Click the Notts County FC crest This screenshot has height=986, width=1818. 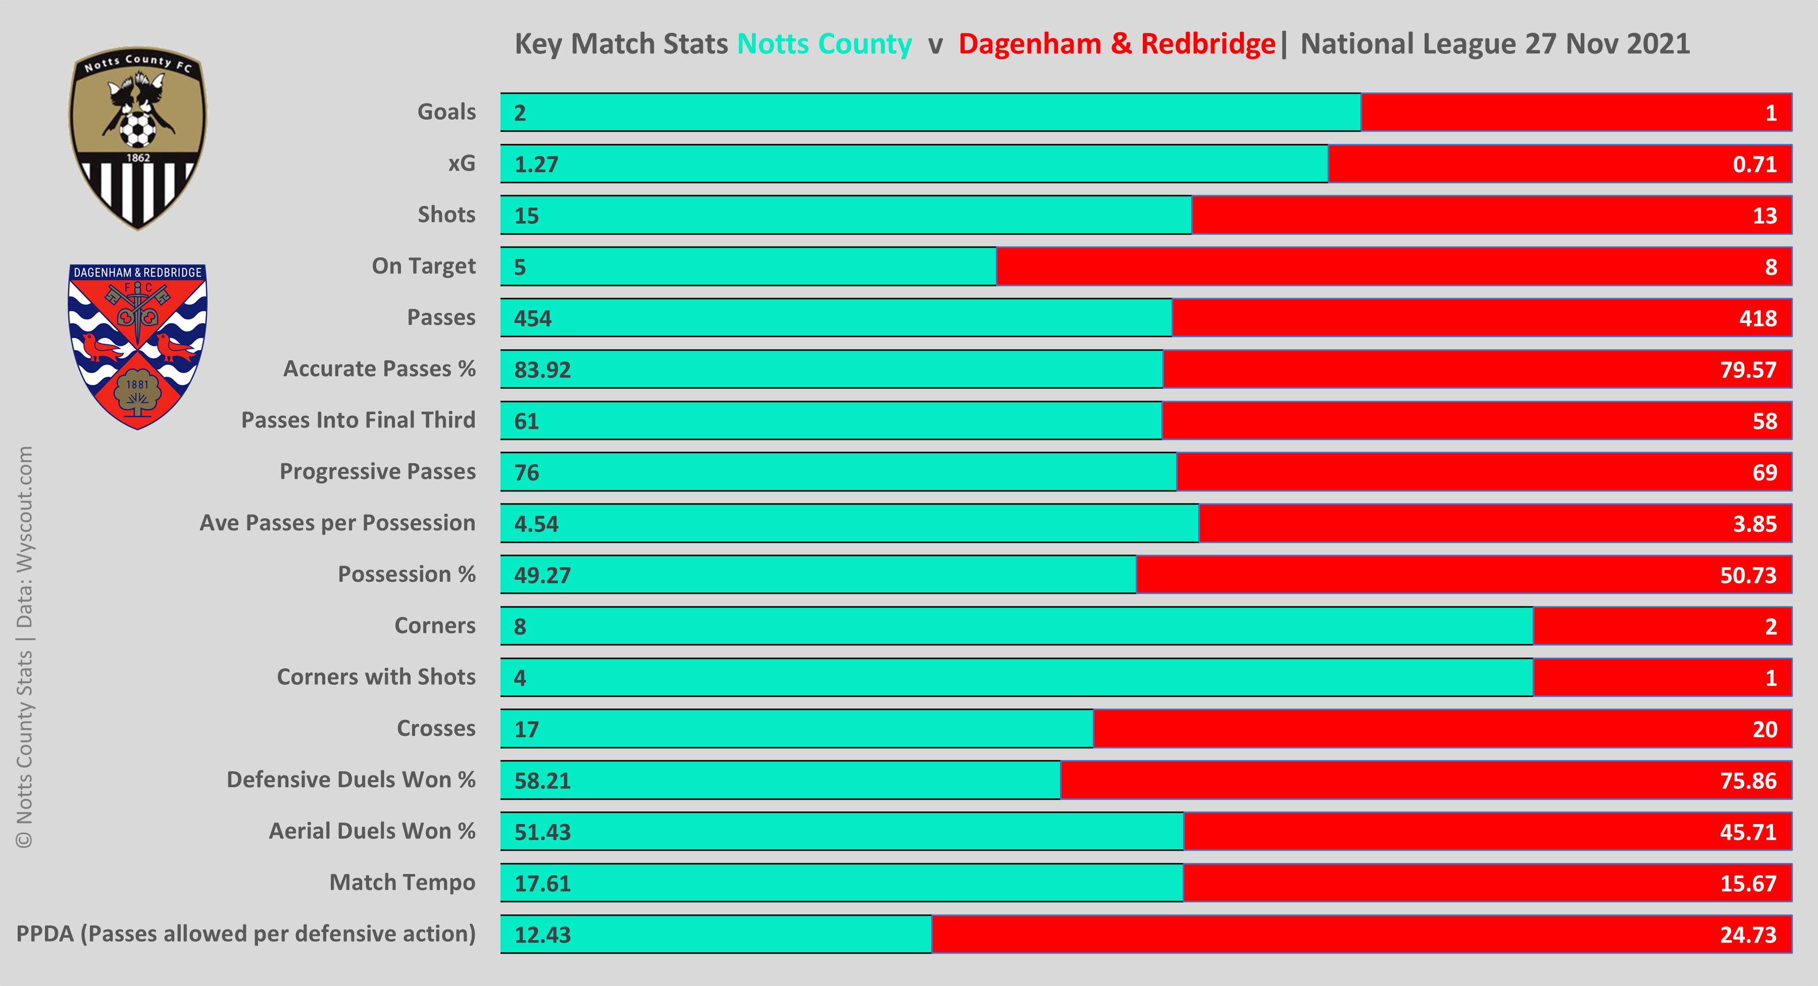[138, 138]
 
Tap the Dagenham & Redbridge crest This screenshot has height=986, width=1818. [138, 346]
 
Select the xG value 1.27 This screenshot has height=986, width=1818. [536, 165]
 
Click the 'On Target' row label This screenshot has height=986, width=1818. [424, 266]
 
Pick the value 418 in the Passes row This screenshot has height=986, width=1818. [1757, 318]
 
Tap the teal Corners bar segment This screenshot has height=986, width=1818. [1016, 626]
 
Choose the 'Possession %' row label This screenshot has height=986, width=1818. [407, 574]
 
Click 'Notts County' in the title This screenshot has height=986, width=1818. [824, 44]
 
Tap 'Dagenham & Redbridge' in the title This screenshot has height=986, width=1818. [1117, 44]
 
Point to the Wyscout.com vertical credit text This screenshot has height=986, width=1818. [25, 536]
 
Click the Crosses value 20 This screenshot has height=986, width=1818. [1764, 729]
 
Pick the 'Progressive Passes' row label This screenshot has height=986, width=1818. [378, 471]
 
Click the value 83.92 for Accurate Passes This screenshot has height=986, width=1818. [542, 369]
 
